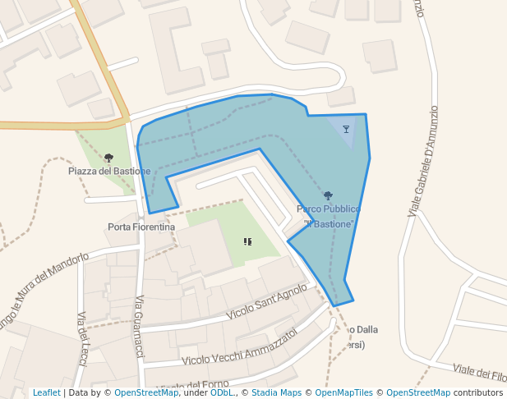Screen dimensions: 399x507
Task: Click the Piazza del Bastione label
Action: click(109, 171)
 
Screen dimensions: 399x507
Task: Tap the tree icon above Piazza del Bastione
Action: click(108, 158)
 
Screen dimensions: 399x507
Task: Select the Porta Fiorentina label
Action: click(141, 227)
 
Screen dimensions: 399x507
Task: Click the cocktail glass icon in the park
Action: click(346, 129)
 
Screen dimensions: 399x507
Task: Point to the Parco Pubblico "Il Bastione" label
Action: click(329, 216)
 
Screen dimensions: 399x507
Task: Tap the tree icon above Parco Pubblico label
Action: click(328, 195)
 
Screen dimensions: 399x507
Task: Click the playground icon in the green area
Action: click(247, 241)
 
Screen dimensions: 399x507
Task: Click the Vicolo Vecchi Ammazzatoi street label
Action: click(239, 347)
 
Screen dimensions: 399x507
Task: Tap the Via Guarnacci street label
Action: click(140, 326)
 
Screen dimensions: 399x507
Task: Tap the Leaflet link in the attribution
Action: click(46, 393)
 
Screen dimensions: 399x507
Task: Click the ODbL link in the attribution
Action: click(222, 393)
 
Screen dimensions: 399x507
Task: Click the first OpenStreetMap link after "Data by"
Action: click(146, 393)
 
